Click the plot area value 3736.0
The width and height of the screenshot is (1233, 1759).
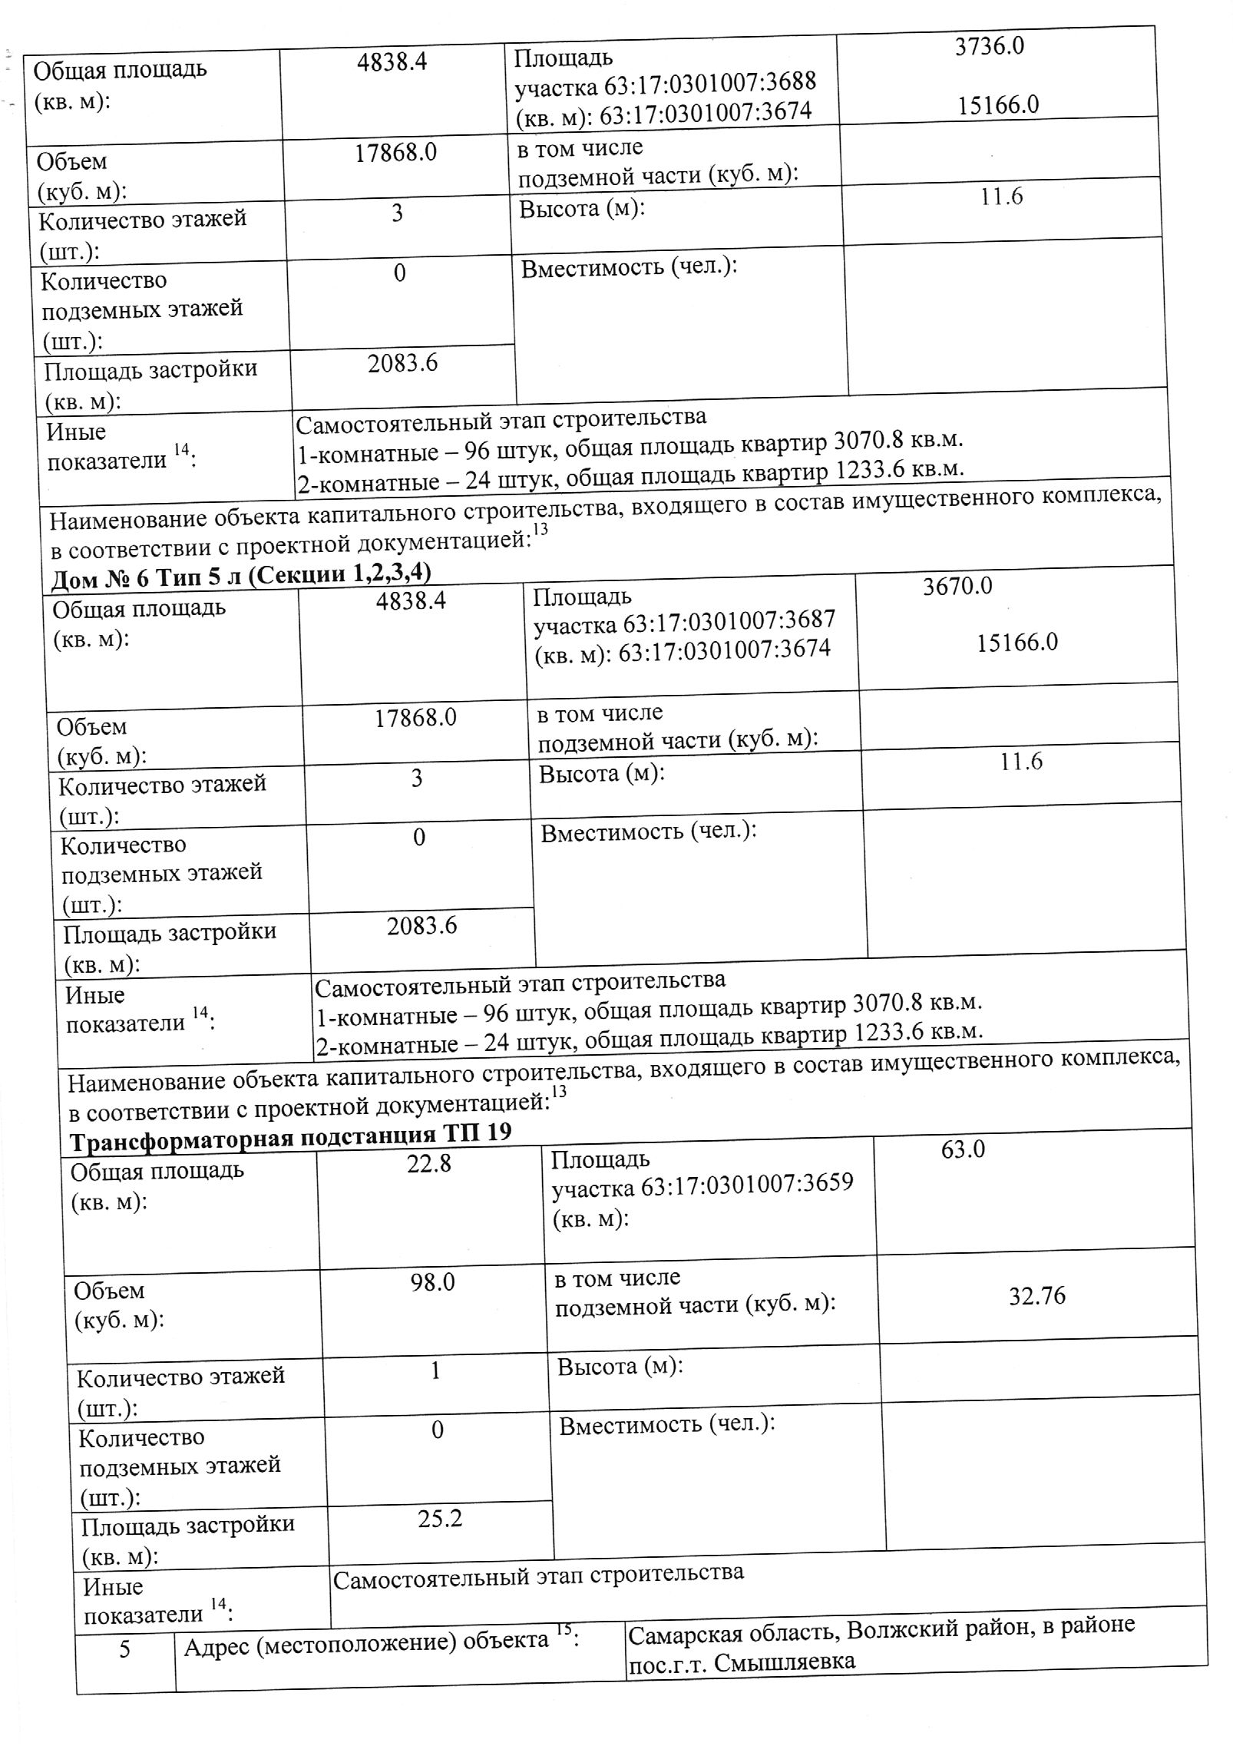(989, 47)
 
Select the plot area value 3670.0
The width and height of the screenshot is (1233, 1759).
(957, 587)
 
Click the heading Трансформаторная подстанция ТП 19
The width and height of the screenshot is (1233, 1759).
(290, 1135)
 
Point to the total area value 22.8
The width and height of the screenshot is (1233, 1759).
(428, 1164)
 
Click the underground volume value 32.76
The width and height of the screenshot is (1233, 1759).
(1036, 1296)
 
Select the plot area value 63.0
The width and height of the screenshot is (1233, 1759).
(963, 1150)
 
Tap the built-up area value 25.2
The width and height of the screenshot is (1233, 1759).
(440, 1519)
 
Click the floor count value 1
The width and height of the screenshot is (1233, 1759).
(435, 1370)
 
